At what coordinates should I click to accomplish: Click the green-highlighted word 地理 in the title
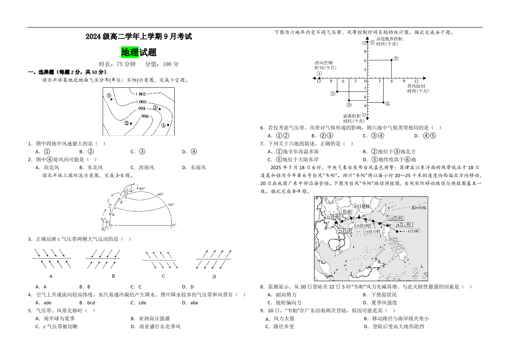[x=130, y=52]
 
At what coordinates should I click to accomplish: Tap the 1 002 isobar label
[x=140, y=94]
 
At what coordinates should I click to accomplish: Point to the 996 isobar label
[x=145, y=116]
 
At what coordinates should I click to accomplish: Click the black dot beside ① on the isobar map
[x=112, y=99]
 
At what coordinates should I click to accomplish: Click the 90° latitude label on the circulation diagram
[x=142, y=189]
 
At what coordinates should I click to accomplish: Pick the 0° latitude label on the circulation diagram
[x=174, y=225]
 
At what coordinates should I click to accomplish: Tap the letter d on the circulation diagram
[x=121, y=202]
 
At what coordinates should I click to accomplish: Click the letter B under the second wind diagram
[x=113, y=276]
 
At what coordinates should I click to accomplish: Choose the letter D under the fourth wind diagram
[x=214, y=276]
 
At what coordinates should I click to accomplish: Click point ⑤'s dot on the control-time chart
[x=392, y=60]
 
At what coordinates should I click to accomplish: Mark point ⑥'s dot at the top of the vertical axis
[x=367, y=43]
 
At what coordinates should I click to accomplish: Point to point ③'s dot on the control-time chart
[x=349, y=100]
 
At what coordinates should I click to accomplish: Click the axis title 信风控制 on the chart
[x=416, y=86]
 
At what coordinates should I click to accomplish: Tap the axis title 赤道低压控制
[x=389, y=39]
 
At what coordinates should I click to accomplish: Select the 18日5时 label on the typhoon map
[x=412, y=231]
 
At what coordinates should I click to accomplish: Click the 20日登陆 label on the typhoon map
[x=361, y=206]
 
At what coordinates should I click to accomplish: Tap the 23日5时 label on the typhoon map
[x=345, y=231]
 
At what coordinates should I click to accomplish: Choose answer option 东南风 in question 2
[x=198, y=167]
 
